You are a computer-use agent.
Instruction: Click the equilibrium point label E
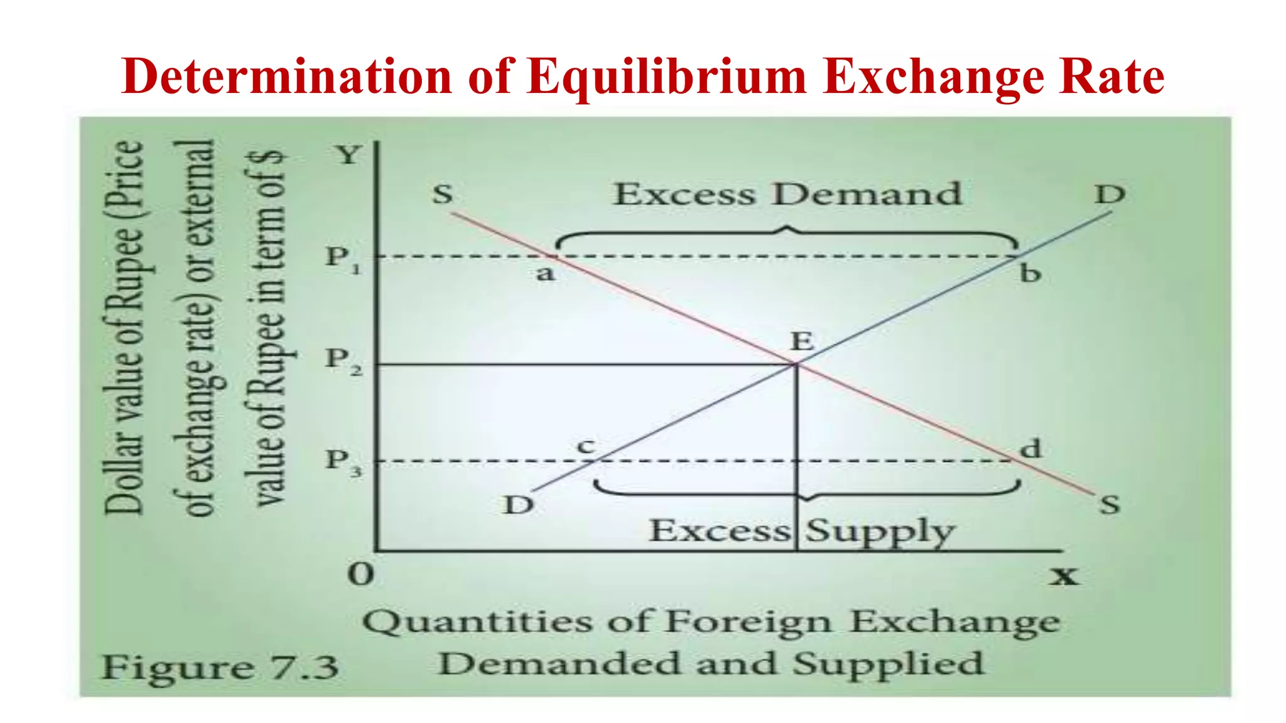coord(802,342)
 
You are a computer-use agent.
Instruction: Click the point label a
coord(545,274)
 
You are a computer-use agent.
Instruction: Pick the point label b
coord(1030,274)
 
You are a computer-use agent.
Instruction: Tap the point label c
coord(586,446)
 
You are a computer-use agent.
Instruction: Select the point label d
coord(1030,449)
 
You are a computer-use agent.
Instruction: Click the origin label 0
coord(361,574)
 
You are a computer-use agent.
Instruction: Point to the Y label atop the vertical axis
coord(349,154)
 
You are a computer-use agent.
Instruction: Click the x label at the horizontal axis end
coord(1064,575)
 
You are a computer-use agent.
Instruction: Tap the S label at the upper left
coord(443,193)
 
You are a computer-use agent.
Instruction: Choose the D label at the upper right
coord(1110,194)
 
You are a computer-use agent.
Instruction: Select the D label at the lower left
coord(519,505)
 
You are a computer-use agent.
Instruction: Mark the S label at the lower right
coord(1110,505)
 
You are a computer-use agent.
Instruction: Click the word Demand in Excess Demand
coord(867,193)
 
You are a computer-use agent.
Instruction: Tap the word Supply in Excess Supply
coord(880,532)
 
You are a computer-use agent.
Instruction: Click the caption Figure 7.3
coord(220,667)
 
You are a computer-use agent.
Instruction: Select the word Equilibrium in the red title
coord(667,77)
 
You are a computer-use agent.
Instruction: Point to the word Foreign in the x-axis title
coord(748,623)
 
